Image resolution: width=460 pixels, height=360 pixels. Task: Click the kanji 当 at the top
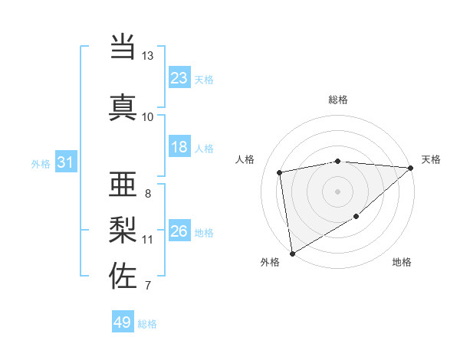coord(123,48)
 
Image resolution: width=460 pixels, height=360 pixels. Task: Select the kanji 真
coord(123,107)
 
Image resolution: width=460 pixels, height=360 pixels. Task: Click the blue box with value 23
coord(179,78)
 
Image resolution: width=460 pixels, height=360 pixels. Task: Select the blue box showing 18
coord(179,147)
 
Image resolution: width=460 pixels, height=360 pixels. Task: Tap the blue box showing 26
coord(179,231)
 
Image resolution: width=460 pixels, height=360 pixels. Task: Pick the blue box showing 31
coord(65,162)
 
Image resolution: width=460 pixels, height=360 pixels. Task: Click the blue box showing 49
coord(123,322)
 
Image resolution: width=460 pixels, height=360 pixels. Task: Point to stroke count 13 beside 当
coord(147,56)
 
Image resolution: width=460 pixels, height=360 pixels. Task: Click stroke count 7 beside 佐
coord(147,286)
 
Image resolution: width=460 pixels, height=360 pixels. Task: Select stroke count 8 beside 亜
coord(147,193)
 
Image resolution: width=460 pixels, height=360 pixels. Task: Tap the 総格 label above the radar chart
coord(337,100)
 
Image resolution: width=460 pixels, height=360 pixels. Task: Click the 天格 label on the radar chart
coord(431,159)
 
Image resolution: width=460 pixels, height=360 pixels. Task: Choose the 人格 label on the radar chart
coord(245,159)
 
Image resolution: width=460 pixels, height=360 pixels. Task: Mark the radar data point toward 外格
coord(291,253)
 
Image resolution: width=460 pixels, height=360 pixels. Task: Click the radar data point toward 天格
coord(411,168)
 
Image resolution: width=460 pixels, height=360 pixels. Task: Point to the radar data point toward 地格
coord(356,218)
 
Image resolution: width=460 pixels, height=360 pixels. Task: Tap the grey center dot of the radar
coord(337,191)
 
